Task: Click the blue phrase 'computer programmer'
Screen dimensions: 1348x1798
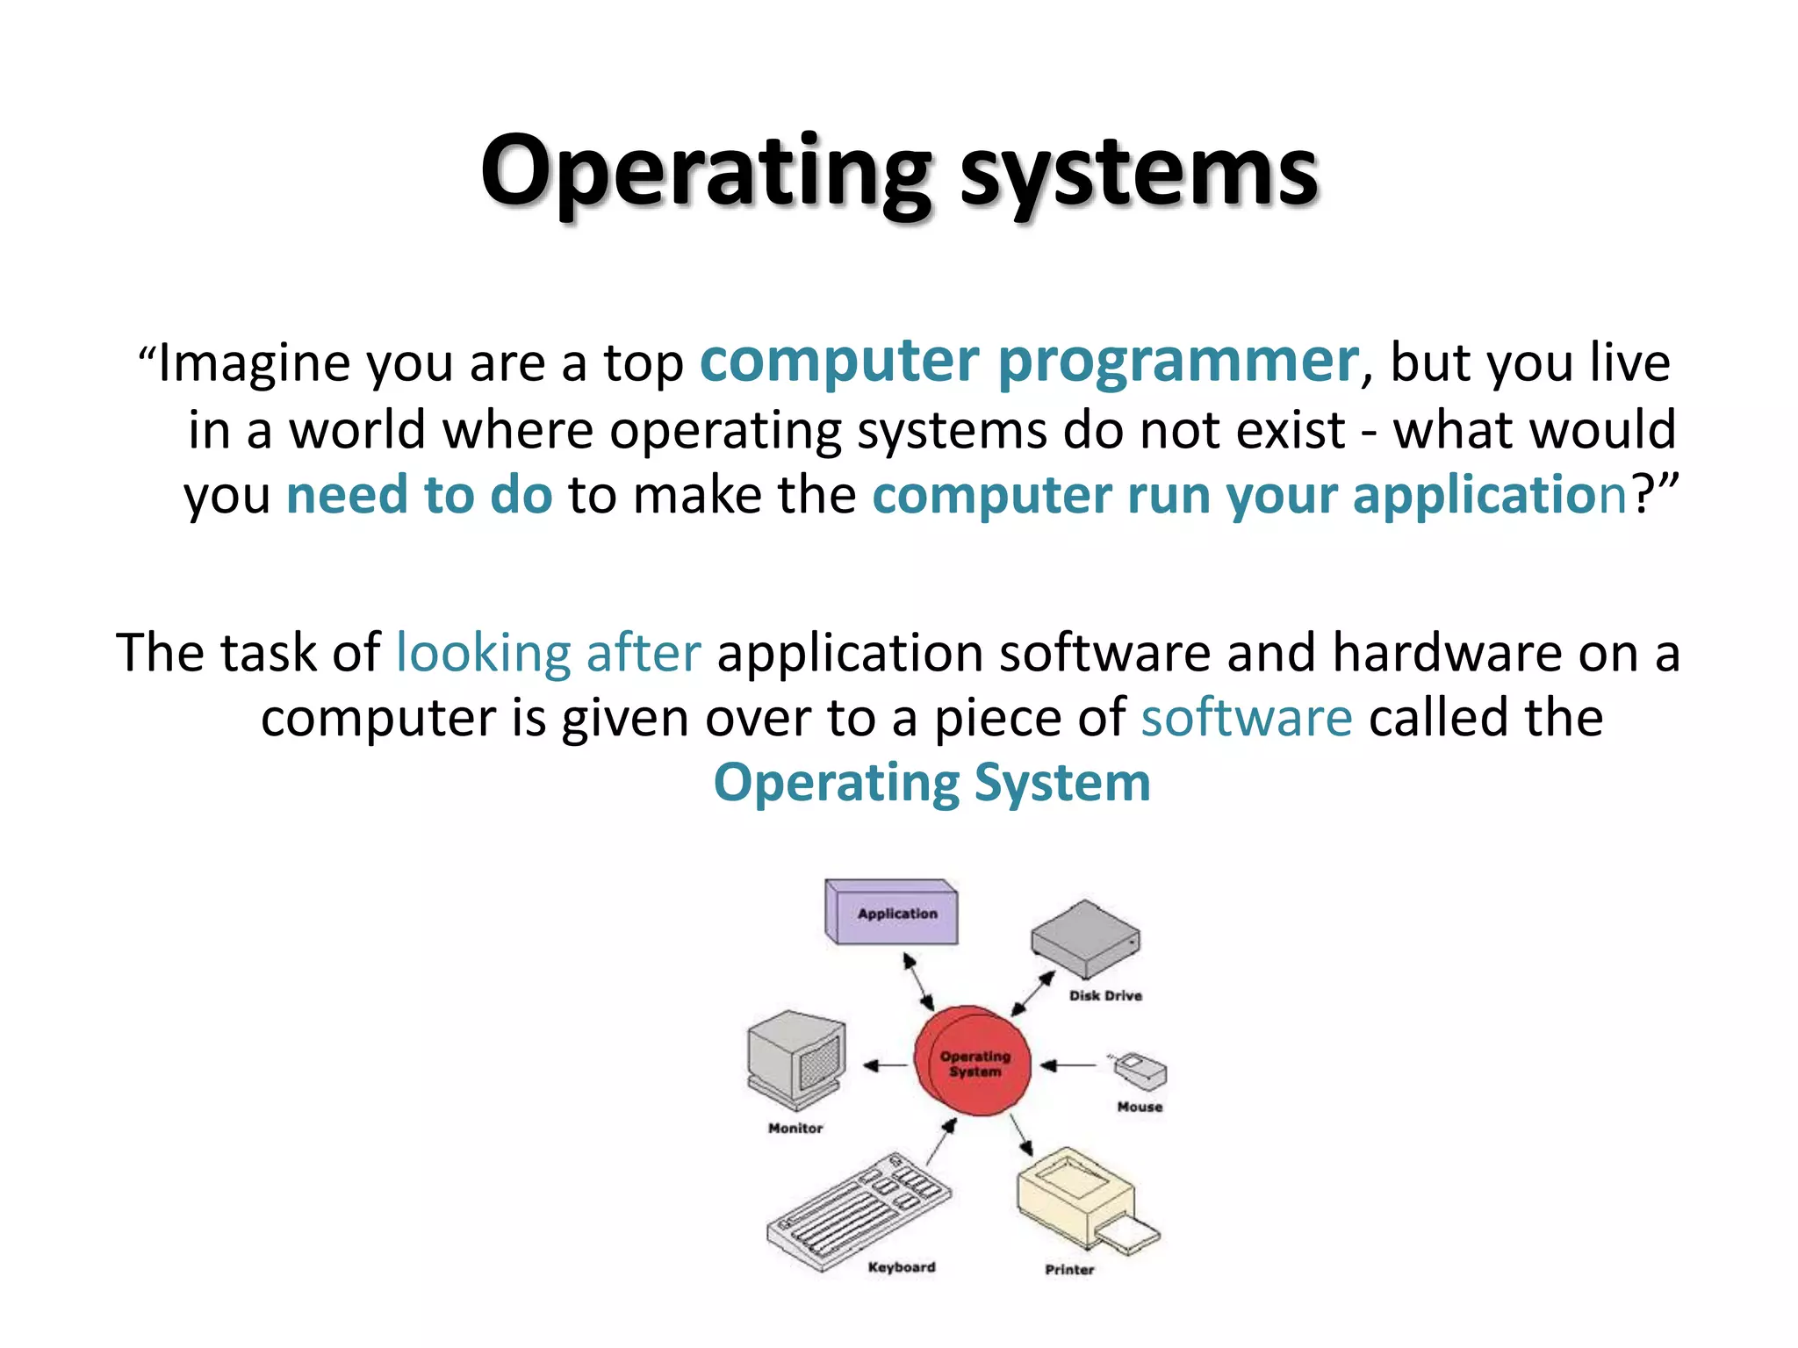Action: coord(1029,362)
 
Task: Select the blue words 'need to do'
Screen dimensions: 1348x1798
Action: coord(420,494)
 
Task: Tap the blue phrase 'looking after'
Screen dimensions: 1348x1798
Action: coord(549,653)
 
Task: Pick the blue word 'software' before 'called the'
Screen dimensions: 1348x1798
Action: coord(1247,718)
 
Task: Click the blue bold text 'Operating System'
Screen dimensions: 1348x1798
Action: coord(931,783)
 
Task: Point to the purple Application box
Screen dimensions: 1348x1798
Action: coord(892,913)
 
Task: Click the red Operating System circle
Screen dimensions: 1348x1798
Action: coord(973,1062)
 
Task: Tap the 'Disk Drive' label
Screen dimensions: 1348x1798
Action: coord(1105,996)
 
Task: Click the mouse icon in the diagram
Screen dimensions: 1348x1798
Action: coord(1140,1071)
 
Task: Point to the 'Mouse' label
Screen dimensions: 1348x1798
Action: coord(1140,1108)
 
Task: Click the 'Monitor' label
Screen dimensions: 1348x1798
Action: coord(795,1129)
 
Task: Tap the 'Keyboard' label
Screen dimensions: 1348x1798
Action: coord(902,1267)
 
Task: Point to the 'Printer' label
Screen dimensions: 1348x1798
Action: coord(1069,1270)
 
